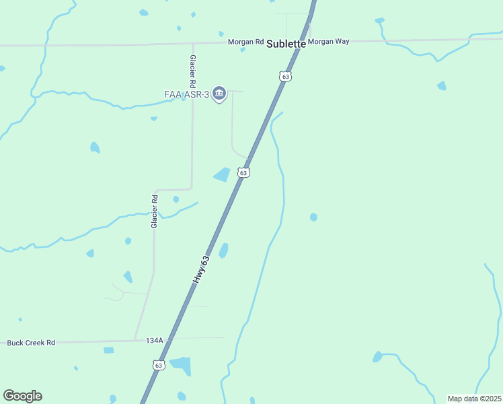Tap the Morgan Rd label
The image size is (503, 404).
[245, 42]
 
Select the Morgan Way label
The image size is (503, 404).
[329, 41]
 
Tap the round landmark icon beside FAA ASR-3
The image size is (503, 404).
[219, 94]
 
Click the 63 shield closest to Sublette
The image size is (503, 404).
[286, 77]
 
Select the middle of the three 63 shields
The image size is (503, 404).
[243, 173]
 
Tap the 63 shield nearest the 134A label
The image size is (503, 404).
[159, 365]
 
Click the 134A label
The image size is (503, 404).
[154, 341]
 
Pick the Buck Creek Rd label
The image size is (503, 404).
[31, 343]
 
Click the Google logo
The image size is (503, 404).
[22, 396]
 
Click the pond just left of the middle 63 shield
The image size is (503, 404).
[222, 175]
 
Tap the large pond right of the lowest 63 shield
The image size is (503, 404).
[182, 365]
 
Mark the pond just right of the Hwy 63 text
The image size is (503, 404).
[223, 250]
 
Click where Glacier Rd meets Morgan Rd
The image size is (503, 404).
[193, 44]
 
